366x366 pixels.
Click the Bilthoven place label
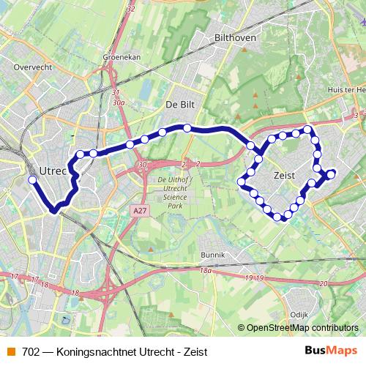pyautogui.click(x=234, y=36)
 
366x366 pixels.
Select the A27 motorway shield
pyautogui.click(x=141, y=211)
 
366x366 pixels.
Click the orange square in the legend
pyautogui.click(x=10, y=351)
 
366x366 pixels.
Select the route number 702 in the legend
pyautogui.click(x=31, y=351)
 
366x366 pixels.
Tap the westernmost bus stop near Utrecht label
pyautogui.click(x=31, y=179)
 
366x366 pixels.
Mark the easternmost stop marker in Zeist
pyautogui.click(x=332, y=173)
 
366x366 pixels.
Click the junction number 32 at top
pyautogui.click(x=131, y=9)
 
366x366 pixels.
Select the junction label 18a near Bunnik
pyautogui.click(x=206, y=271)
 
